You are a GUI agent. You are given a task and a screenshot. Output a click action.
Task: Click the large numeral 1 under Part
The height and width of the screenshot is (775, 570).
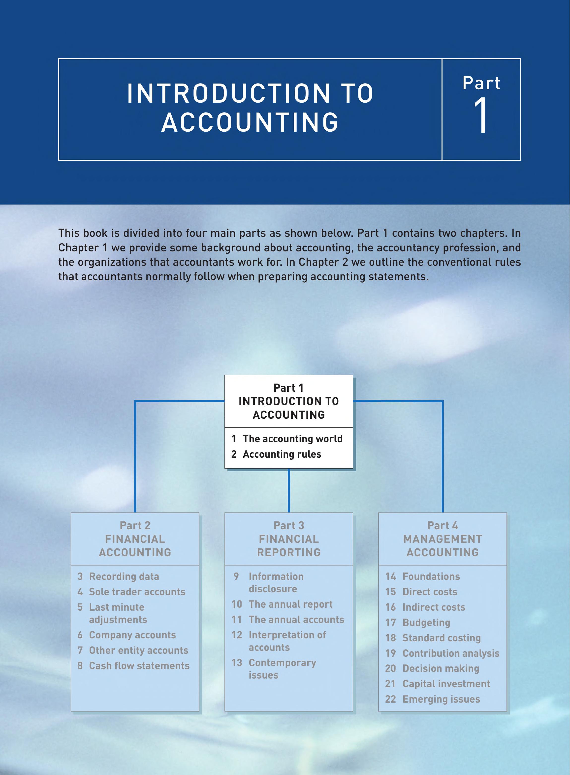481,115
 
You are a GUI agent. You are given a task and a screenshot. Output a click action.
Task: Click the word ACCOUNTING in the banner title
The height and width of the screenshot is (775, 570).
250,122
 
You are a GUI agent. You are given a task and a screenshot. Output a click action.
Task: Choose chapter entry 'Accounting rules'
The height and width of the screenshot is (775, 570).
282,454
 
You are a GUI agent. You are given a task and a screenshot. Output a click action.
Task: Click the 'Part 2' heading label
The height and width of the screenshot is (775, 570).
135,525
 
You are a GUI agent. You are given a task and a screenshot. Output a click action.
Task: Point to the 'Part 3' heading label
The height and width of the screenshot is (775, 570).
289,525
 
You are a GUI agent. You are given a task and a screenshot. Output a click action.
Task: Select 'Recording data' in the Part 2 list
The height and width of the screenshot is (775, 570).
124,576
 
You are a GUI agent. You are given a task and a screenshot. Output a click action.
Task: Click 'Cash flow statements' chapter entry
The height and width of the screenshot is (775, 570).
139,666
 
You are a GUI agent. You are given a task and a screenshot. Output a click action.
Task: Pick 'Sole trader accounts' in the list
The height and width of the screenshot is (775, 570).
137,592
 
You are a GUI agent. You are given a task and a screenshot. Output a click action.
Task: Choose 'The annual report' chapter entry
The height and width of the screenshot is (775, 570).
290,604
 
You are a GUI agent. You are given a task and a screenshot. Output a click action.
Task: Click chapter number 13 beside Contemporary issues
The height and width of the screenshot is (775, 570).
237,663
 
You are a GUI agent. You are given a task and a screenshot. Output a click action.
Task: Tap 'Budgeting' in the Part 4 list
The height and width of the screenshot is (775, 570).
426,623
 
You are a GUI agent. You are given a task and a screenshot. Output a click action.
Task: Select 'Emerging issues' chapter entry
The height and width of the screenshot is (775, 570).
441,699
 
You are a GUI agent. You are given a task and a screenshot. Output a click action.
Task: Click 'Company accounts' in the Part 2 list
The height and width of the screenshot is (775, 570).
132,635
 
